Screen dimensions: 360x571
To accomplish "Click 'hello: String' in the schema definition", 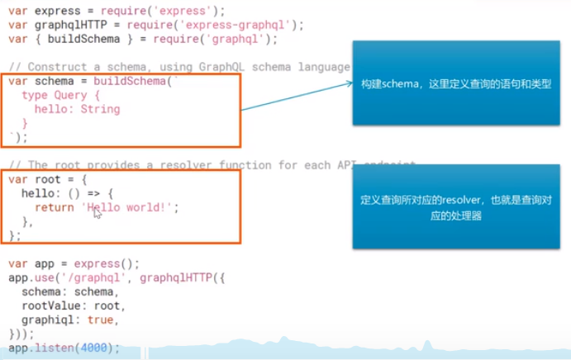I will pyautogui.click(x=78, y=109).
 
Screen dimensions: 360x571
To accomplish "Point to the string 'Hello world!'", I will pyautogui.click(x=133, y=207).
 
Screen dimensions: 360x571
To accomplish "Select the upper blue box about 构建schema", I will pyautogui.click(x=456, y=83).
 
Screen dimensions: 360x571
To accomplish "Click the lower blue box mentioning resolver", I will pyautogui.click(x=456, y=207).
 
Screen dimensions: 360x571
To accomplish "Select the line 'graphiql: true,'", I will pyautogui.click(x=71, y=320).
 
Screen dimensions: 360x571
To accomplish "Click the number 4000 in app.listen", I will pyautogui.click(x=94, y=348).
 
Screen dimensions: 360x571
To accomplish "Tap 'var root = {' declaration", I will pyautogui.click(x=46, y=179).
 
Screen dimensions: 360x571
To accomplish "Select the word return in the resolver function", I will pyautogui.click(x=55, y=207).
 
